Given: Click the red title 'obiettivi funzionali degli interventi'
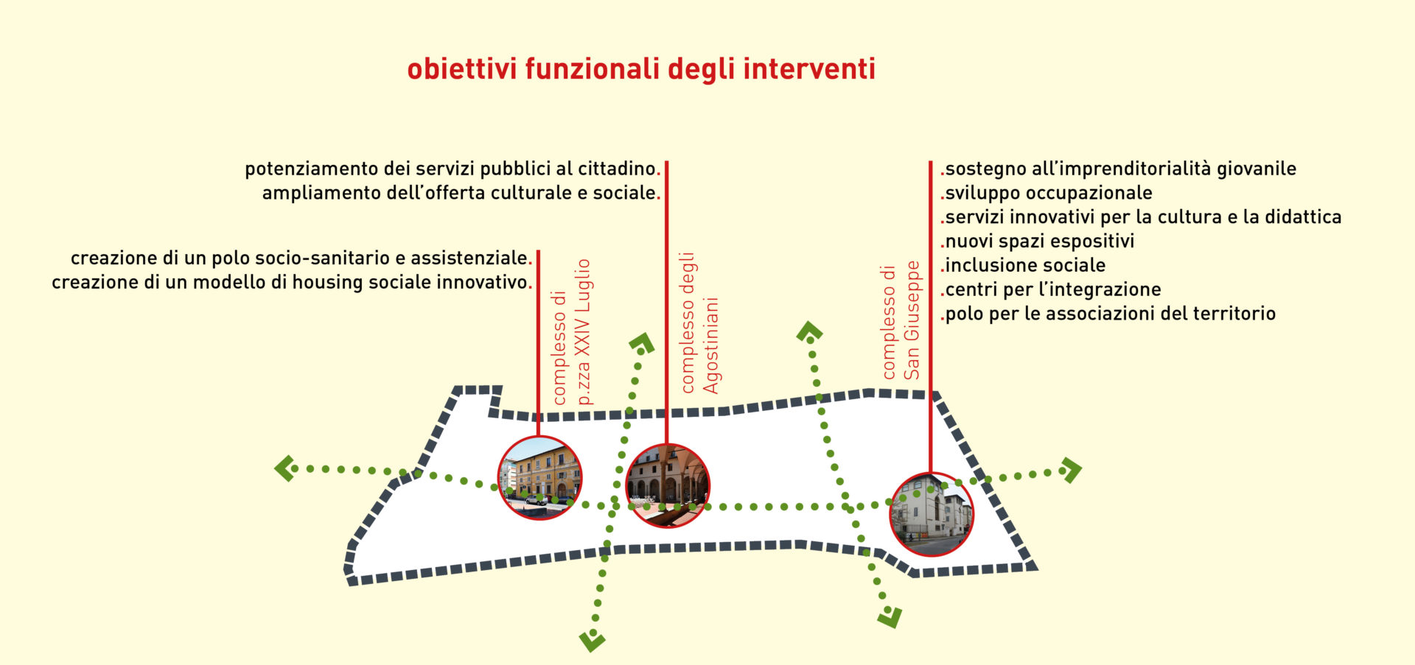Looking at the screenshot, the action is click(x=641, y=69).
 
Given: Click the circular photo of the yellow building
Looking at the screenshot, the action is click(x=540, y=477).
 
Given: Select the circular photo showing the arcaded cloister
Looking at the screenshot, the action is click(x=668, y=485).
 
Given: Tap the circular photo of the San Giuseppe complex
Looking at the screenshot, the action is click(x=932, y=514).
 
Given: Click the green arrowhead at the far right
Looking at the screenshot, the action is click(x=1071, y=469).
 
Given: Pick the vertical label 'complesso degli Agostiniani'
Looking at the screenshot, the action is click(x=699, y=323).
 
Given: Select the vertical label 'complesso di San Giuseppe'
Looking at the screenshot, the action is click(x=901, y=320).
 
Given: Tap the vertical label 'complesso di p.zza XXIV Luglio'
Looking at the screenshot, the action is click(x=571, y=332).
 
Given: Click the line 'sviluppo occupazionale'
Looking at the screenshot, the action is click(x=1047, y=193).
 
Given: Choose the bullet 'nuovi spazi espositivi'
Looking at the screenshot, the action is click(x=1038, y=242).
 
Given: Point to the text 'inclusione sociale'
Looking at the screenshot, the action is click(x=1023, y=265).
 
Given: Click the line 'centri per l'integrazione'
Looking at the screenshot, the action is click(x=1051, y=289).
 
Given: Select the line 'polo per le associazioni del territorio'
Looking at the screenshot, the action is click(x=1108, y=314).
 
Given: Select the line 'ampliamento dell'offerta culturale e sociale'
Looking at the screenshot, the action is click(x=461, y=193).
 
